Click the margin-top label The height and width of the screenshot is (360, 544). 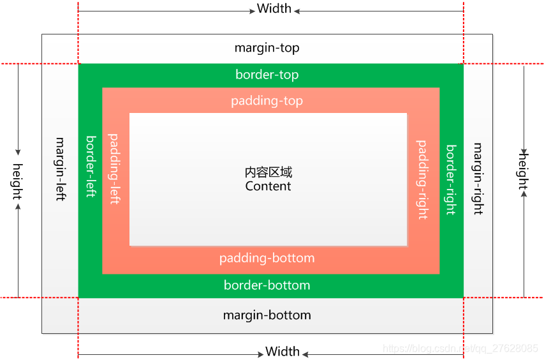(267, 48)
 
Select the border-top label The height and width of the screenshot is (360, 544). (267, 75)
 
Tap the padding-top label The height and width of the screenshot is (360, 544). (267, 101)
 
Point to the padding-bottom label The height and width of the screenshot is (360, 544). (267, 259)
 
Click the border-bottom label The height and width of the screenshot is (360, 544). (267, 285)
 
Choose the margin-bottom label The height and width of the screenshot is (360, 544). (267, 315)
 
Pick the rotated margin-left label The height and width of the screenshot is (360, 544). (61, 169)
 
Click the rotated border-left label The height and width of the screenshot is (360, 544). (91, 166)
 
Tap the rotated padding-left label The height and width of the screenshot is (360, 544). (114, 169)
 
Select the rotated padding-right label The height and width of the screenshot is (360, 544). (422, 180)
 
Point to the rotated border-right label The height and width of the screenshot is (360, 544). (451, 180)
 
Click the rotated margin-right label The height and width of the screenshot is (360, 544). (478, 178)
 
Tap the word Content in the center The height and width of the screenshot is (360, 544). (268, 186)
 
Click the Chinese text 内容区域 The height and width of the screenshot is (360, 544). (268, 172)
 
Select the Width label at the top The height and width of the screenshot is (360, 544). (274, 9)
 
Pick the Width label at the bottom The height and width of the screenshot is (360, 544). (283, 352)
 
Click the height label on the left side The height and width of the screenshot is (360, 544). (17, 181)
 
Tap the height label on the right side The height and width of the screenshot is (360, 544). (524, 170)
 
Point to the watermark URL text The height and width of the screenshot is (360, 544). (459, 349)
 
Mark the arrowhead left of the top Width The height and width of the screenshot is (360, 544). (251, 11)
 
